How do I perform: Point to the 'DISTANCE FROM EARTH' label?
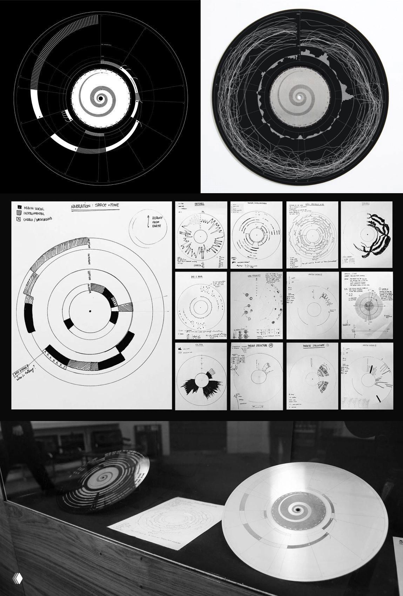161,222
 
